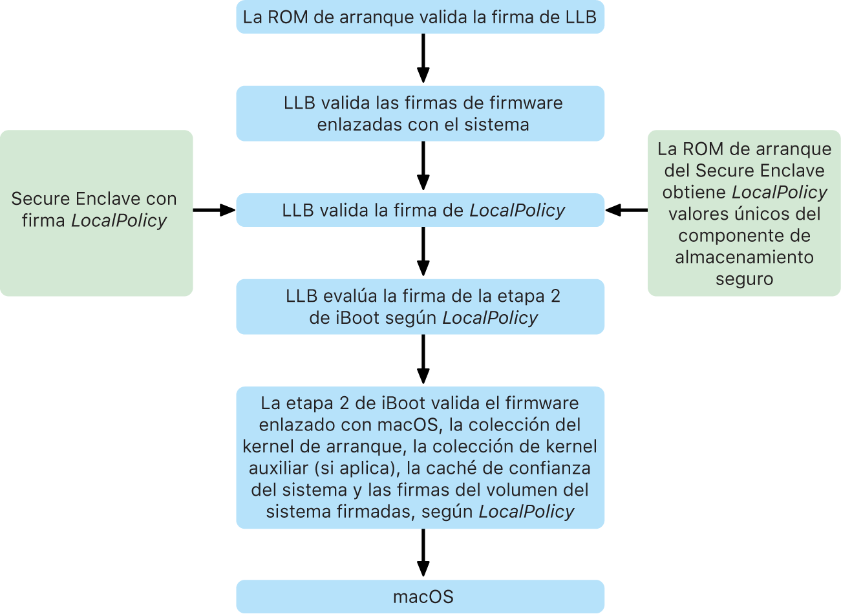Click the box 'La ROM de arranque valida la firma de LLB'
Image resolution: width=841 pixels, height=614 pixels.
tap(420, 17)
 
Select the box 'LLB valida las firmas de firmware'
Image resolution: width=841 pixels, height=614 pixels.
tap(420, 113)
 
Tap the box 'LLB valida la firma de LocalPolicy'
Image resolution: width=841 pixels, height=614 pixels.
tap(420, 210)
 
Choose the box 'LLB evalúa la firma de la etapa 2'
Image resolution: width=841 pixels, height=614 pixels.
tap(420, 306)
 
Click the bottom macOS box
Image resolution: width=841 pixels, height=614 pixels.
tap(420, 596)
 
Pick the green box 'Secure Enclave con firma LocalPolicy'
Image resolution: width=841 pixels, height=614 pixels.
tap(96, 213)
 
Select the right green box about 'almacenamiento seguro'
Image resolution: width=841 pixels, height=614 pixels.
tap(744, 213)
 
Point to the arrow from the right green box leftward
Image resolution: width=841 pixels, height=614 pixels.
tap(626, 210)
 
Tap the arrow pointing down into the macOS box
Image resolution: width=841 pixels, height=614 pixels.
tap(423, 553)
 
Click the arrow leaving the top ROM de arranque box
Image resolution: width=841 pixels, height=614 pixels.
tap(423, 59)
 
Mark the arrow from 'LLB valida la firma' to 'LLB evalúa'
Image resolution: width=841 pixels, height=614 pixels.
tap(423, 252)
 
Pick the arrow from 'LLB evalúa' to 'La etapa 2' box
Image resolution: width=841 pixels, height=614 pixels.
tap(423, 359)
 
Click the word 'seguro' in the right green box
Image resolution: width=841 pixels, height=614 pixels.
tap(744, 279)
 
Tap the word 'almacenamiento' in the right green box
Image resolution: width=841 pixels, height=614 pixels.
tap(744, 257)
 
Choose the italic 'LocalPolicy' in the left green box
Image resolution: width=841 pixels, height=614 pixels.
tap(119, 221)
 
